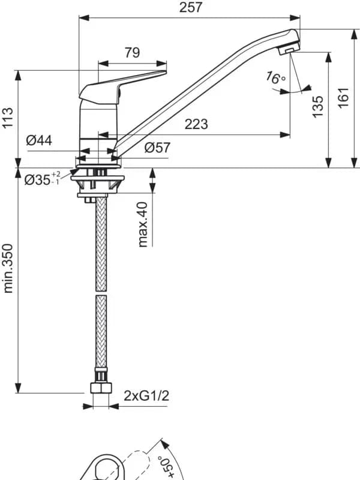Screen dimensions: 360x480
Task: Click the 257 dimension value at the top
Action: [x=191, y=7]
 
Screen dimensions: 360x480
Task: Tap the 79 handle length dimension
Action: [x=132, y=53]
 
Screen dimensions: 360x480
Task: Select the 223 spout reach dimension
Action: [x=196, y=124]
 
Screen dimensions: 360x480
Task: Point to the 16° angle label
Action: [x=275, y=78]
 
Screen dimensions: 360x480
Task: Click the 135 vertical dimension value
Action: [x=318, y=106]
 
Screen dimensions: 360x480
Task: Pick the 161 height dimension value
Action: [x=344, y=97]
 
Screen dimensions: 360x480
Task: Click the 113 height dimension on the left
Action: [x=8, y=118]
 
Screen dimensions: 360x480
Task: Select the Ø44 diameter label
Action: [x=39, y=140]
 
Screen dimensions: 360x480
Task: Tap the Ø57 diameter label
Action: [x=157, y=148]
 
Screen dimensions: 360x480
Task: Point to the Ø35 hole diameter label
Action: [x=43, y=179]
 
